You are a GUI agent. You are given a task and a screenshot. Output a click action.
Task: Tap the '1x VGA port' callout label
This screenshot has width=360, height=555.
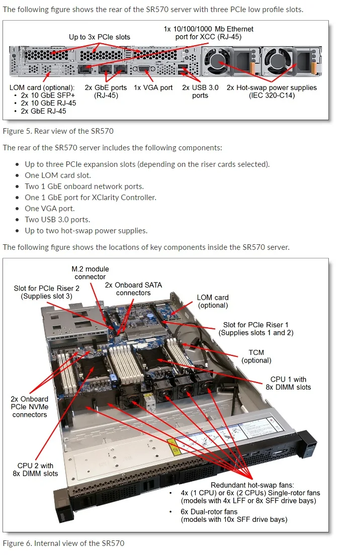click(153, 87)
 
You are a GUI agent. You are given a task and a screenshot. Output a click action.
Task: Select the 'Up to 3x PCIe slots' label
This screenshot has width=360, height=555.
click(100, 37)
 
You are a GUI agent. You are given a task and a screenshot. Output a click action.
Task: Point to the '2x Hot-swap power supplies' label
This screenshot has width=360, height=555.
click(272, 91)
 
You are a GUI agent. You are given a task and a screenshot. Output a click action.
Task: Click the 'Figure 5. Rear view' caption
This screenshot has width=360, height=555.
click(58, 131)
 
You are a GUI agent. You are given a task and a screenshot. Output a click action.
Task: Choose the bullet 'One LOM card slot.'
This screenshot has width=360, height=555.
click(58, 175)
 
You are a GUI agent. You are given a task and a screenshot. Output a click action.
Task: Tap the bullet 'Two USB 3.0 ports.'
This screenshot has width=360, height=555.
click(57, 220)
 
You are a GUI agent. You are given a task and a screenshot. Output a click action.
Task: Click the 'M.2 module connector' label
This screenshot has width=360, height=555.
click(90, 273)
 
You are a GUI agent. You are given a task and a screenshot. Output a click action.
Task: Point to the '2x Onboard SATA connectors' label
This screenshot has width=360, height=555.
click(133, 289)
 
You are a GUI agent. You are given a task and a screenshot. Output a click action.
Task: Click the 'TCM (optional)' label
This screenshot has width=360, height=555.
click(256, 356)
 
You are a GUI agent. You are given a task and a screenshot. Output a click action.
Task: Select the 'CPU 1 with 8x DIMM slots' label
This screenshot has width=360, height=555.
click(288, 383)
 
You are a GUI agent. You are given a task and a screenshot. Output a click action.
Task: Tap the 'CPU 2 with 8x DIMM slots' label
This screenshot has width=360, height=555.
click(35, 470)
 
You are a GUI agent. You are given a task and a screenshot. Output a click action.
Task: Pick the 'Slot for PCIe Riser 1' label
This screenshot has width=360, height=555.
click(256, 329)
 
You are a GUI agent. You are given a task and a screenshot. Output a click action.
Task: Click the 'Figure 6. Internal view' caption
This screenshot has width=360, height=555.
click(63, 543)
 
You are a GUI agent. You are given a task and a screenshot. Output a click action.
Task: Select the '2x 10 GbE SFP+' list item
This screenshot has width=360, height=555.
click(48, 95)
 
